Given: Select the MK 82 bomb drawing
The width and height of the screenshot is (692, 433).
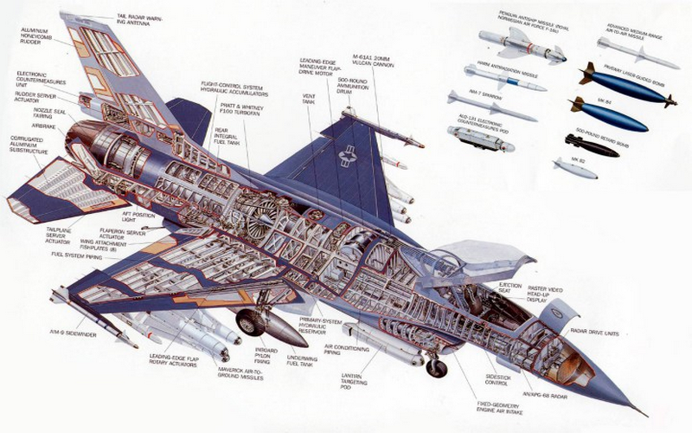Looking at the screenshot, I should pyautogui.click(x=574, y=168).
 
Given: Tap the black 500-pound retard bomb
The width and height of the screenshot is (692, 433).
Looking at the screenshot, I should pyautogui.click(x=591, y=145).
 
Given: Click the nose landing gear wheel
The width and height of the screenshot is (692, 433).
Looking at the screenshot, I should pyautogui.click(x=437, y=368).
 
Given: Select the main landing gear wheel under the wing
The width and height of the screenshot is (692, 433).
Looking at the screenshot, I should pyautogui.click(x=251, y=323).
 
